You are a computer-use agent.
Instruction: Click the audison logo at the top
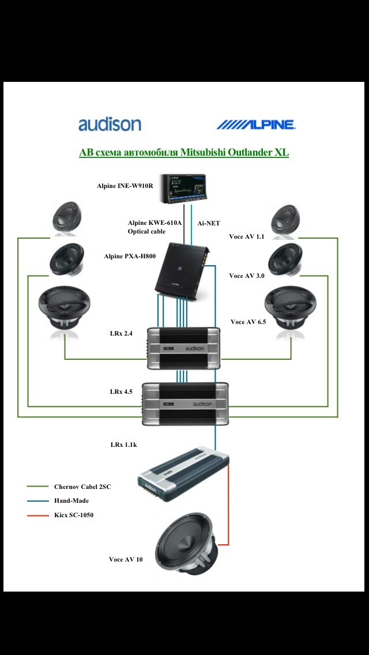pos(110,125)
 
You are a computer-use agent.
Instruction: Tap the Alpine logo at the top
pos(255,125)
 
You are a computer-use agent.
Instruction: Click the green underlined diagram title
pos(183,153)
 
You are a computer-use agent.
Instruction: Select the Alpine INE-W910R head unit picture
pos(184,189)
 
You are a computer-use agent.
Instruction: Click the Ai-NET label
pos(209,223)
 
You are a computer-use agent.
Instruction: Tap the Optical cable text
pos(146,231)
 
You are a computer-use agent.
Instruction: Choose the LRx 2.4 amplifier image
pos(184,348)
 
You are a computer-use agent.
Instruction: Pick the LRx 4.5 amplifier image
pos(186,404)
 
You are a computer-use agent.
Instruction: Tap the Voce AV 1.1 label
pos(246,236)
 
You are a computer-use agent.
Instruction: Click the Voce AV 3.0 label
pos(246,276)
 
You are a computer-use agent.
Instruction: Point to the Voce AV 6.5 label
pos(248,322)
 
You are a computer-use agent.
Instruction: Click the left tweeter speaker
pos(69,219)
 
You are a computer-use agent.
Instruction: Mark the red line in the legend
pos(37,515)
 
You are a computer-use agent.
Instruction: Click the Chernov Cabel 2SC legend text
pos(82,487)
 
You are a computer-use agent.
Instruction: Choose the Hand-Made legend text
pos(71,500)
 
